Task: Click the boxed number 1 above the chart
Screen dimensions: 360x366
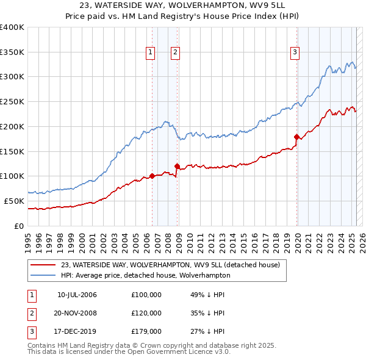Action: (x=150, y=53)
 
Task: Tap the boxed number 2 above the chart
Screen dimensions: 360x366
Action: (x=175, y=53)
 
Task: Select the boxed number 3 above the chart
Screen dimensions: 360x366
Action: (x=295, y=53)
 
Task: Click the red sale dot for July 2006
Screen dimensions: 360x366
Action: (x=152, y=176)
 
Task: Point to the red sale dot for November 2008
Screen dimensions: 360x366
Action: (x=178, y=166)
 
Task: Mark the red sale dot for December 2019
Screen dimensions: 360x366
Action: (x=296, y=137)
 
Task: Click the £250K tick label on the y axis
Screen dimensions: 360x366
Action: (x=12, y=101)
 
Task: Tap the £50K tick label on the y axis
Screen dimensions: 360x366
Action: (x=14, y=201)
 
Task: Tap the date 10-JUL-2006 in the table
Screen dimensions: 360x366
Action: (x=77, y=295)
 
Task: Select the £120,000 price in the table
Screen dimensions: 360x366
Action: (x=146, y=313)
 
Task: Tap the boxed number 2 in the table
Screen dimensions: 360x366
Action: (x=31, y=313)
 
